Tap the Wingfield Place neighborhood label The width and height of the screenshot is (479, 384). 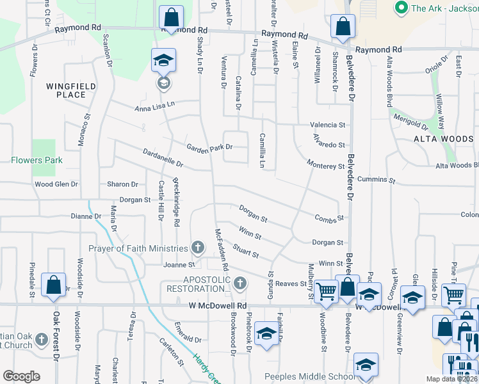(70, 90)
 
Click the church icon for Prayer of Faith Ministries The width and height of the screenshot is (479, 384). (198, 248)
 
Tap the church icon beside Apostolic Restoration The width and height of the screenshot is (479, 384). (240, 282)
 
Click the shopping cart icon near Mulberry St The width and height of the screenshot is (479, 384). (327, 291)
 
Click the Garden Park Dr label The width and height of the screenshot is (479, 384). (209, 147)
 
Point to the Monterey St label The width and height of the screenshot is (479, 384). (325, 166)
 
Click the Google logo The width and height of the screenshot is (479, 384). (22, 376)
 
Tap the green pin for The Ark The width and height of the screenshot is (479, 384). (402, 8)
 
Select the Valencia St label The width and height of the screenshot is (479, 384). (328, 125)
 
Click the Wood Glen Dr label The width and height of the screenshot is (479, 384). (56, 184)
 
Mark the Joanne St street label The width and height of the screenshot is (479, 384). (179, 264)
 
